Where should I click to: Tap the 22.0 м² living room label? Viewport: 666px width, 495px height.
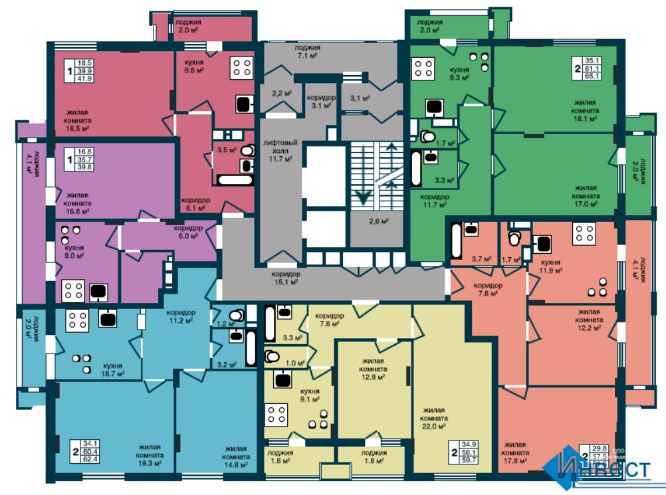tap(433, 418)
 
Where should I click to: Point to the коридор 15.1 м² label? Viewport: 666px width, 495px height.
tap(286, 277)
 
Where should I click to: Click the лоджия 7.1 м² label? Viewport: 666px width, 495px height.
tap(308, 52)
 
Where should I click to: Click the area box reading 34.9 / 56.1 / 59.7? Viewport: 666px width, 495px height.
tap(469, 451)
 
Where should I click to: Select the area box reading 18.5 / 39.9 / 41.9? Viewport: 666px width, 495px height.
tap(84, 71)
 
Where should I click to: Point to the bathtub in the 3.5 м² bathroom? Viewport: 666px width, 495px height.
tap(235, 179)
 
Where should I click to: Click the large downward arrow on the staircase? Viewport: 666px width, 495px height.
tap(364, 195)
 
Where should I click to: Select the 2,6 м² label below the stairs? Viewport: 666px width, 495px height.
tap(378, 221)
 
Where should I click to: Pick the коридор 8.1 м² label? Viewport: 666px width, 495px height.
tap(196, 203)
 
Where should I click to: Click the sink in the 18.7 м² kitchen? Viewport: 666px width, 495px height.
tap(108, 318)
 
